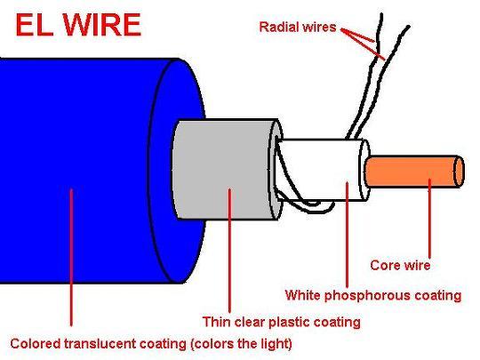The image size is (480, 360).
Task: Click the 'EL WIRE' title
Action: (78, 26)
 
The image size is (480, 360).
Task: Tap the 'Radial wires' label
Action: (298, 27)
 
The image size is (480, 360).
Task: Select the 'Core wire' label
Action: (400, 265)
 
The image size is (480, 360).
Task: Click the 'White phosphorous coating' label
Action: (373, 295)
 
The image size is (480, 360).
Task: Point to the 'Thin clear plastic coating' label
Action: (281, 322)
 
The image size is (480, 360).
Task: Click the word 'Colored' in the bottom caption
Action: (36, 343)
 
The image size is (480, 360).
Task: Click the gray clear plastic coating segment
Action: (223, 170)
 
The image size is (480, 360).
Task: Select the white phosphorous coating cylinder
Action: (322, 170)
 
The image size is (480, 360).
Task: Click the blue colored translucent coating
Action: (92, 170)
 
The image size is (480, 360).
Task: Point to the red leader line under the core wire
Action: (429, 219)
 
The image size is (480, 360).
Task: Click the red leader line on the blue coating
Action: (71, 257)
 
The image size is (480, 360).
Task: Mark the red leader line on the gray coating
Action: (229, 251)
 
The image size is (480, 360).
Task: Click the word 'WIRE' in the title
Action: (102, 26)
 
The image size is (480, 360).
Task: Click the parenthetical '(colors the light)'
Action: (241, 344)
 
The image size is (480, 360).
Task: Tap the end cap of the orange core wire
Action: (459, 172)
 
